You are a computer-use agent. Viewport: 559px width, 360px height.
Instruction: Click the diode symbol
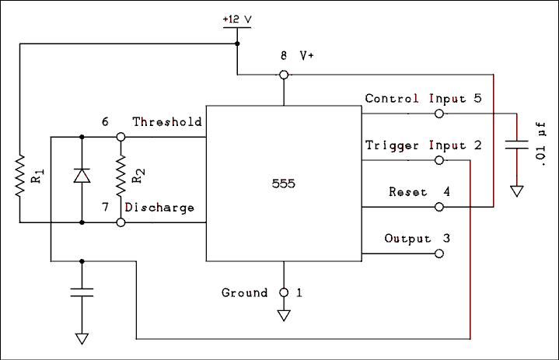(x=82, y=176)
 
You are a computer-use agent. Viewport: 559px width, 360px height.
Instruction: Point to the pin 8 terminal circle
(x=284, y=75)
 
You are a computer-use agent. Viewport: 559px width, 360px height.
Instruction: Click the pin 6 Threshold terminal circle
(x=121, y=137)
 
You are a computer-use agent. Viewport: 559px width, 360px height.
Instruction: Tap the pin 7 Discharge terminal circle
(x=121, y=222)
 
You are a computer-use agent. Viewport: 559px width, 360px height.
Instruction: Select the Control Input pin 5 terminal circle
(x=439, y=114)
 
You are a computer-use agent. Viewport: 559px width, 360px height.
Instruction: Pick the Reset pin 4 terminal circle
(x=439, y=207)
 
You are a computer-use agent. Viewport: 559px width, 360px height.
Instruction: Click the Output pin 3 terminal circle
(x=439, y=253)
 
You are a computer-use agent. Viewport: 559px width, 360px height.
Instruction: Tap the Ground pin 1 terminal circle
(x=284, y=293)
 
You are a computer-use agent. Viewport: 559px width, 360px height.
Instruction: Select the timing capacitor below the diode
(x=82, y=292)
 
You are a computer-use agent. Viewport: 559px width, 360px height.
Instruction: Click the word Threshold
(x=166, y=122)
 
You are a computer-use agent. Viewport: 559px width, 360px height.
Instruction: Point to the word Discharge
(x=159, y=208)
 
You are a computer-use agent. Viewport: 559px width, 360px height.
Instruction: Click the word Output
(x=407, y=239)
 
